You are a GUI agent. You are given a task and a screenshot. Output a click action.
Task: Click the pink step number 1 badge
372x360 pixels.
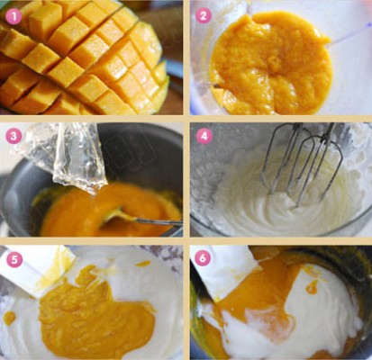14,16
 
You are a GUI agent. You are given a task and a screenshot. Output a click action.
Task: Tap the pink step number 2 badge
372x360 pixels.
204,15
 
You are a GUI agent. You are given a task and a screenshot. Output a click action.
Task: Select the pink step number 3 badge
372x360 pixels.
14,136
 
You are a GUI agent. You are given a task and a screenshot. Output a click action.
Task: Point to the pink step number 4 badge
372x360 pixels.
204,136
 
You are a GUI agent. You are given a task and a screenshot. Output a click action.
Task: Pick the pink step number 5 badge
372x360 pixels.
14,259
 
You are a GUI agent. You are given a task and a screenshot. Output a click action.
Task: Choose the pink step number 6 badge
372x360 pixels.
203,258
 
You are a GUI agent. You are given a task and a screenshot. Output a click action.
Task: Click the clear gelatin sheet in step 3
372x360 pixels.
65,156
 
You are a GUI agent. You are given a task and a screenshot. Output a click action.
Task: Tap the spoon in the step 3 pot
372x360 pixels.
141,218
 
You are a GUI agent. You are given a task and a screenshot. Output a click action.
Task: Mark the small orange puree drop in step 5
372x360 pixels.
9,318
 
